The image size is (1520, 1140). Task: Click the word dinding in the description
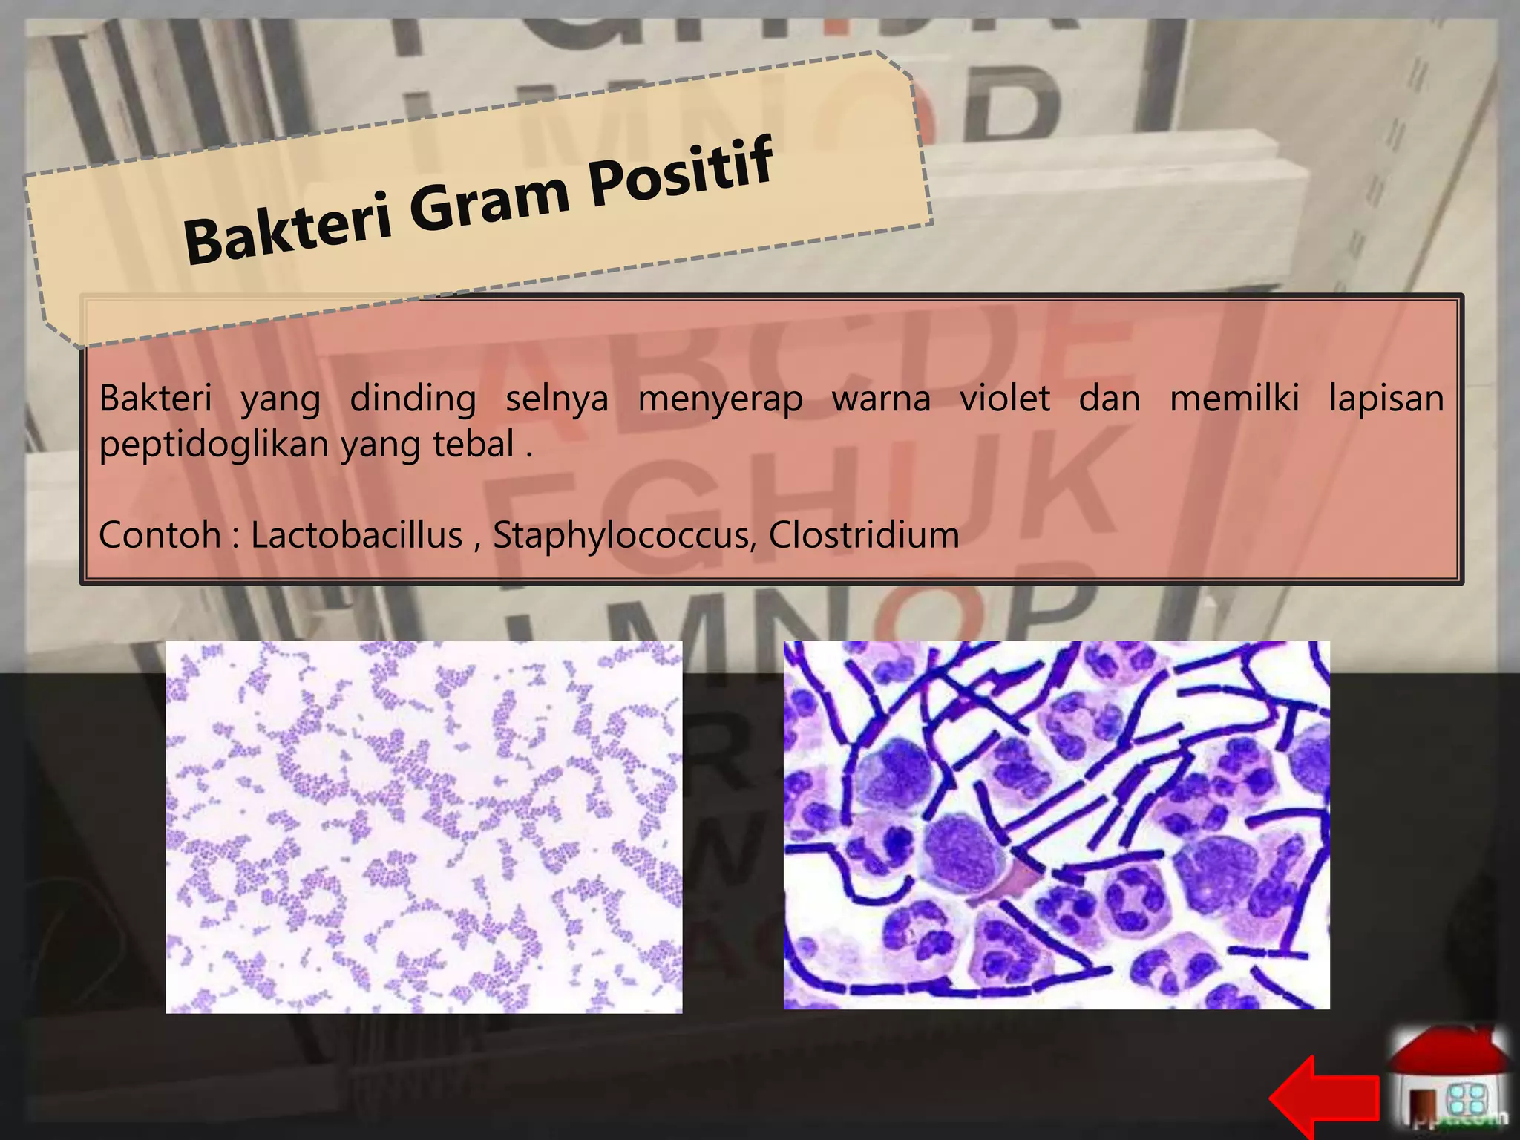413,399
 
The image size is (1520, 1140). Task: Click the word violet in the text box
1005,399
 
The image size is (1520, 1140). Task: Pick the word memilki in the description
1234,399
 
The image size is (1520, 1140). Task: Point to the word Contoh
160,535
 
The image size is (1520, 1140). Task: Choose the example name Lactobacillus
356,535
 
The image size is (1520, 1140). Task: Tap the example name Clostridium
863,535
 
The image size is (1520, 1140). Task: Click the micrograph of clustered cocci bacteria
424,827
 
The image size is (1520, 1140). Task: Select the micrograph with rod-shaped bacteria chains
1056,825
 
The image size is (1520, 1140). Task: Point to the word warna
881,399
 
